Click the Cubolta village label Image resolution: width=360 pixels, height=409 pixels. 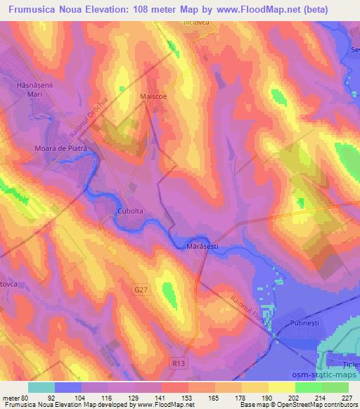click(x=129, y=212)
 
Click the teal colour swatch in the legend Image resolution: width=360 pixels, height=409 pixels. click(x=41, y=387)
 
